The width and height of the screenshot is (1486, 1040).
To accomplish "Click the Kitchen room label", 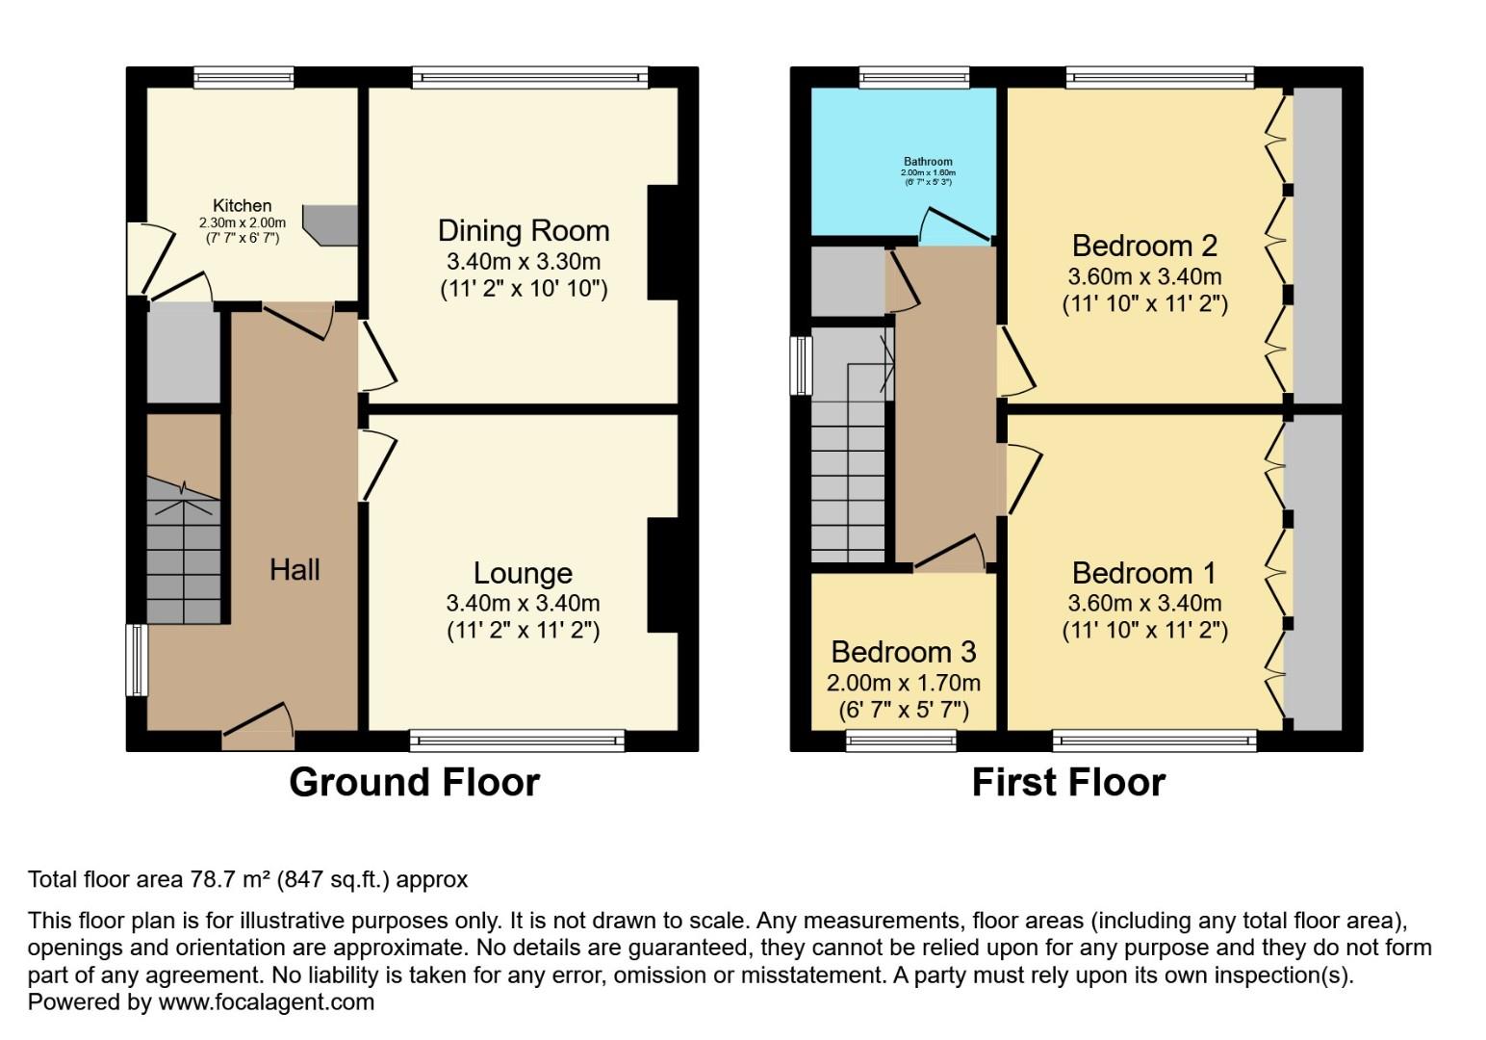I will tap(242, 205).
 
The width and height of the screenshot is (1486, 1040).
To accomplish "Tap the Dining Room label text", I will tap(524, 231).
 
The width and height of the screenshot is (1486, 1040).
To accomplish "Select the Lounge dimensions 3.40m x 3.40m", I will tap(523, 604).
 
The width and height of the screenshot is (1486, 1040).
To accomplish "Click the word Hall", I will tap(295, 570).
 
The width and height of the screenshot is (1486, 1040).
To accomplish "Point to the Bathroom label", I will tap(928, 162).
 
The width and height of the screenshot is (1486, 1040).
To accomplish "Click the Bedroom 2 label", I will tap(1144, 246).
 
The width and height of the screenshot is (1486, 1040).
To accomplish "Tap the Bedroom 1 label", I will tap(1144, 574).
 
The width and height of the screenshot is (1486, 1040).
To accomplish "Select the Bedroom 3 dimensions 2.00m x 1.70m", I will tap(903, 683).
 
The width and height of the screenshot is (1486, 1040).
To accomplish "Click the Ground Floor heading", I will tap(414, 782).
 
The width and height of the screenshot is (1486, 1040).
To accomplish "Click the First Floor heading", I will tap(1068, 782).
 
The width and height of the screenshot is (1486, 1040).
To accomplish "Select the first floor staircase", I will tap(848, 462).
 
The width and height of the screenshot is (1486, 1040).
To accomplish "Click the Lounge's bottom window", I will tap(517, 740).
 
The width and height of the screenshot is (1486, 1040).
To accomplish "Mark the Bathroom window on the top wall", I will tap(914, 78).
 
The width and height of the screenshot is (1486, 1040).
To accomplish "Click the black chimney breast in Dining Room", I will tap(663, 243).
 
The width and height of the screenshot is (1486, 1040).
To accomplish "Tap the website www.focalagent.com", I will tap(266, 1002).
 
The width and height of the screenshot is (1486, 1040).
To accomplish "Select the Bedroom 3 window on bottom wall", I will tap(901, 740).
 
